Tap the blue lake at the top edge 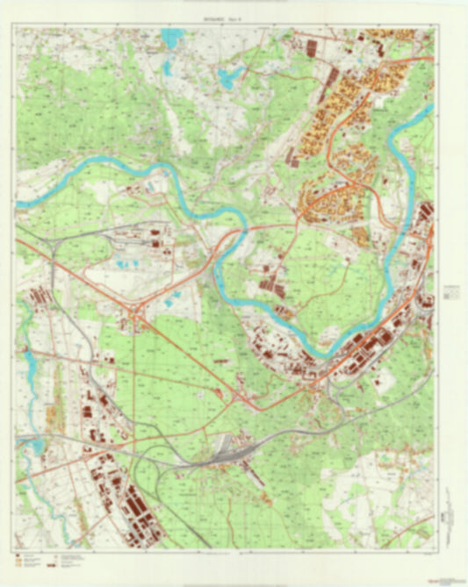tap(171, 38)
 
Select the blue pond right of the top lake tap(232, 76)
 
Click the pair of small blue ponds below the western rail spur tap(127, 263)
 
